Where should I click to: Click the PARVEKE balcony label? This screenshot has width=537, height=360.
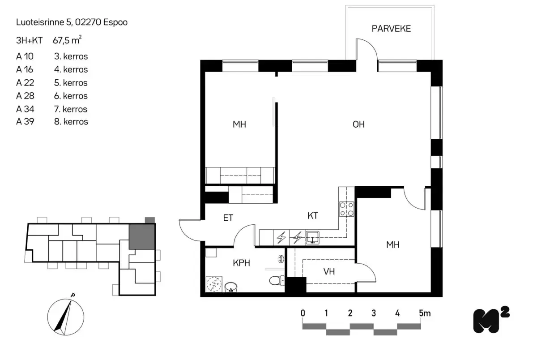pos(391,29)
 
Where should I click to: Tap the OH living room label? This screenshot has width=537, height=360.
pos(358,124)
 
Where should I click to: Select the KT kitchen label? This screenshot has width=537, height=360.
pos(312,216)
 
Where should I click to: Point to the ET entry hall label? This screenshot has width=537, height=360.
pos(228,218)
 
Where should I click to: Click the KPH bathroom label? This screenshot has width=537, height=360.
pos(241,263)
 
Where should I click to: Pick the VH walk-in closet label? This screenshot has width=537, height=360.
pos(329,271)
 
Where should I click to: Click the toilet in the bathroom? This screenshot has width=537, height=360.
pos(276,281)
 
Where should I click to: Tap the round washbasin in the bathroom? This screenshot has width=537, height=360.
pos(231,287)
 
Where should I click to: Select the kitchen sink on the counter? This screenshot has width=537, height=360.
pos(312,237)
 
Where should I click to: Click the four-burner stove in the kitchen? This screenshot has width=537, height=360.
pos(347,209)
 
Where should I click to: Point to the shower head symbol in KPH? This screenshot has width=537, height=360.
pos(280,259)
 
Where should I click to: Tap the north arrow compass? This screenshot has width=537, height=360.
pos(65,316)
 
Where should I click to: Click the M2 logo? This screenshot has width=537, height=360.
pos(491,320)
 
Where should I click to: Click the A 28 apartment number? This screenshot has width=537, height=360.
pos(25,96)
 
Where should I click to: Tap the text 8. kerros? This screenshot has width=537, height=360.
pos(71,122)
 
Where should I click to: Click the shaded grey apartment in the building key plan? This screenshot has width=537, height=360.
pos(142,236)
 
